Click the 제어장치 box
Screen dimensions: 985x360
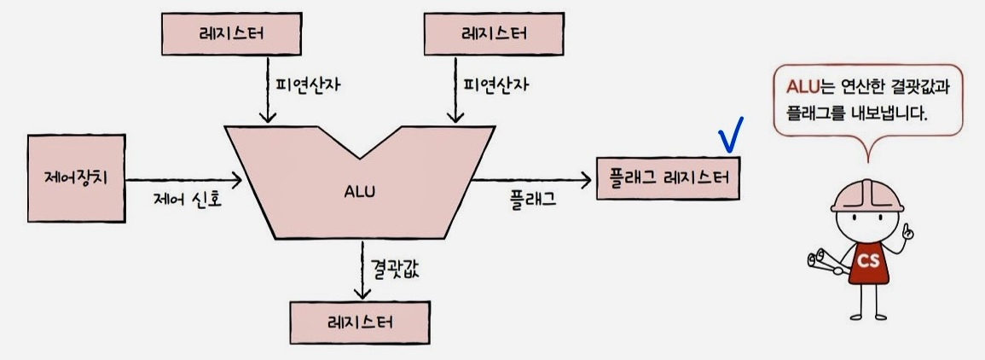pyautogui.click(x=76, y=179)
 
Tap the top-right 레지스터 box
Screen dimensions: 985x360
pyautogui.click(x=493, y=33)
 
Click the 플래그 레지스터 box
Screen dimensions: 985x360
pyautogui.click(x=669, y=178)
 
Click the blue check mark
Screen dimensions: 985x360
pyautogui.click(x=731, y=134)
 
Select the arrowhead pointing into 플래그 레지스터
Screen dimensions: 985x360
pyautogui.click(x=586, y=179)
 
